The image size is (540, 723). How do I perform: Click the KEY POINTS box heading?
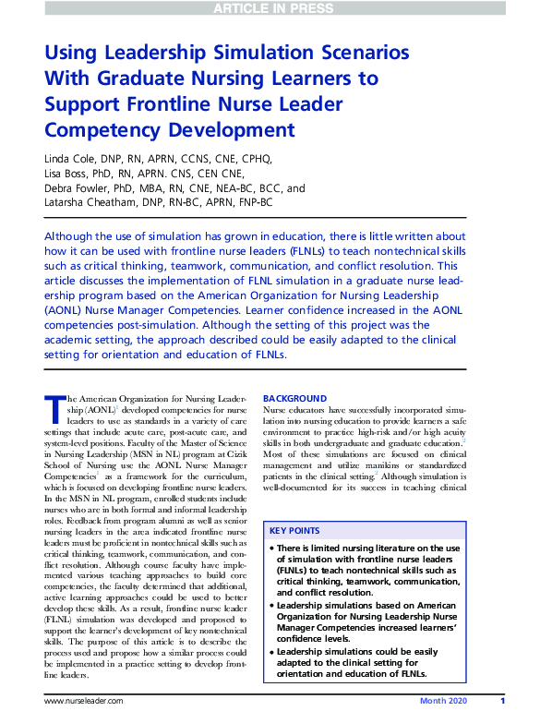click(295, 531)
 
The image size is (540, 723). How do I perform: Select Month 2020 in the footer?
click(443, 702)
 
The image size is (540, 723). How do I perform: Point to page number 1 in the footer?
click(501, 702)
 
